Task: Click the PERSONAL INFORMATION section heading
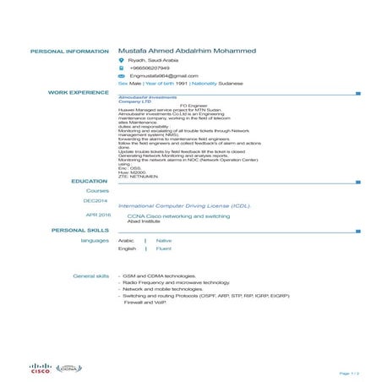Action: pos(69,52)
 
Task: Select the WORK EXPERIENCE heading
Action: pos(79,91)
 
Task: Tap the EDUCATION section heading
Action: pos(90,181)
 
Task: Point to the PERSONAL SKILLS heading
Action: pos(80,230)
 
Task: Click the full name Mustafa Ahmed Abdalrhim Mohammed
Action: pos(187,51)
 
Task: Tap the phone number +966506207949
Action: pos(150,68)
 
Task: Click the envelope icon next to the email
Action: pos(122,76)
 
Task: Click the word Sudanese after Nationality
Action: pos(231,84)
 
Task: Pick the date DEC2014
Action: pos(95,201)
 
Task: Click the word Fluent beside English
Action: pos(164,249)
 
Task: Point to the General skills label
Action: pos(91,276)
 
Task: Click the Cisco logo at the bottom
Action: pos(41,368)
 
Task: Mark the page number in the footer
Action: pos(349,373)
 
